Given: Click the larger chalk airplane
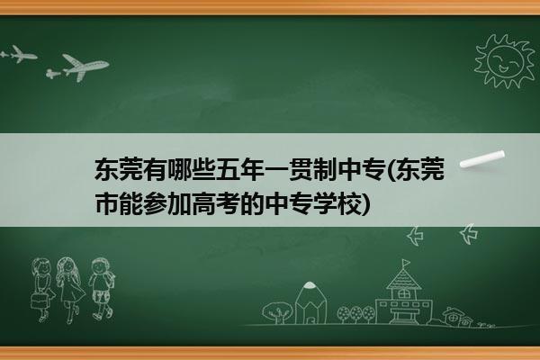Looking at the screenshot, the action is [85, 67].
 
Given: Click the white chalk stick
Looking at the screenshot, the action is [482, 159].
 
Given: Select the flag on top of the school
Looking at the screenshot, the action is [406, 263].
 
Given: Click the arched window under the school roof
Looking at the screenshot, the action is [403, 294].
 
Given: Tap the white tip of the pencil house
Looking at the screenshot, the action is [310, 285].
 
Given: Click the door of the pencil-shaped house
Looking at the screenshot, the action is [310, 320].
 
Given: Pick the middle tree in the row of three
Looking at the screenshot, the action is [355, 313].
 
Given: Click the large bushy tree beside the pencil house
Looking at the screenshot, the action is [277, 311].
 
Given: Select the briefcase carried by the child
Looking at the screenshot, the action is [38, 300].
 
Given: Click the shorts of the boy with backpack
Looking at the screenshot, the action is [101, 296].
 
